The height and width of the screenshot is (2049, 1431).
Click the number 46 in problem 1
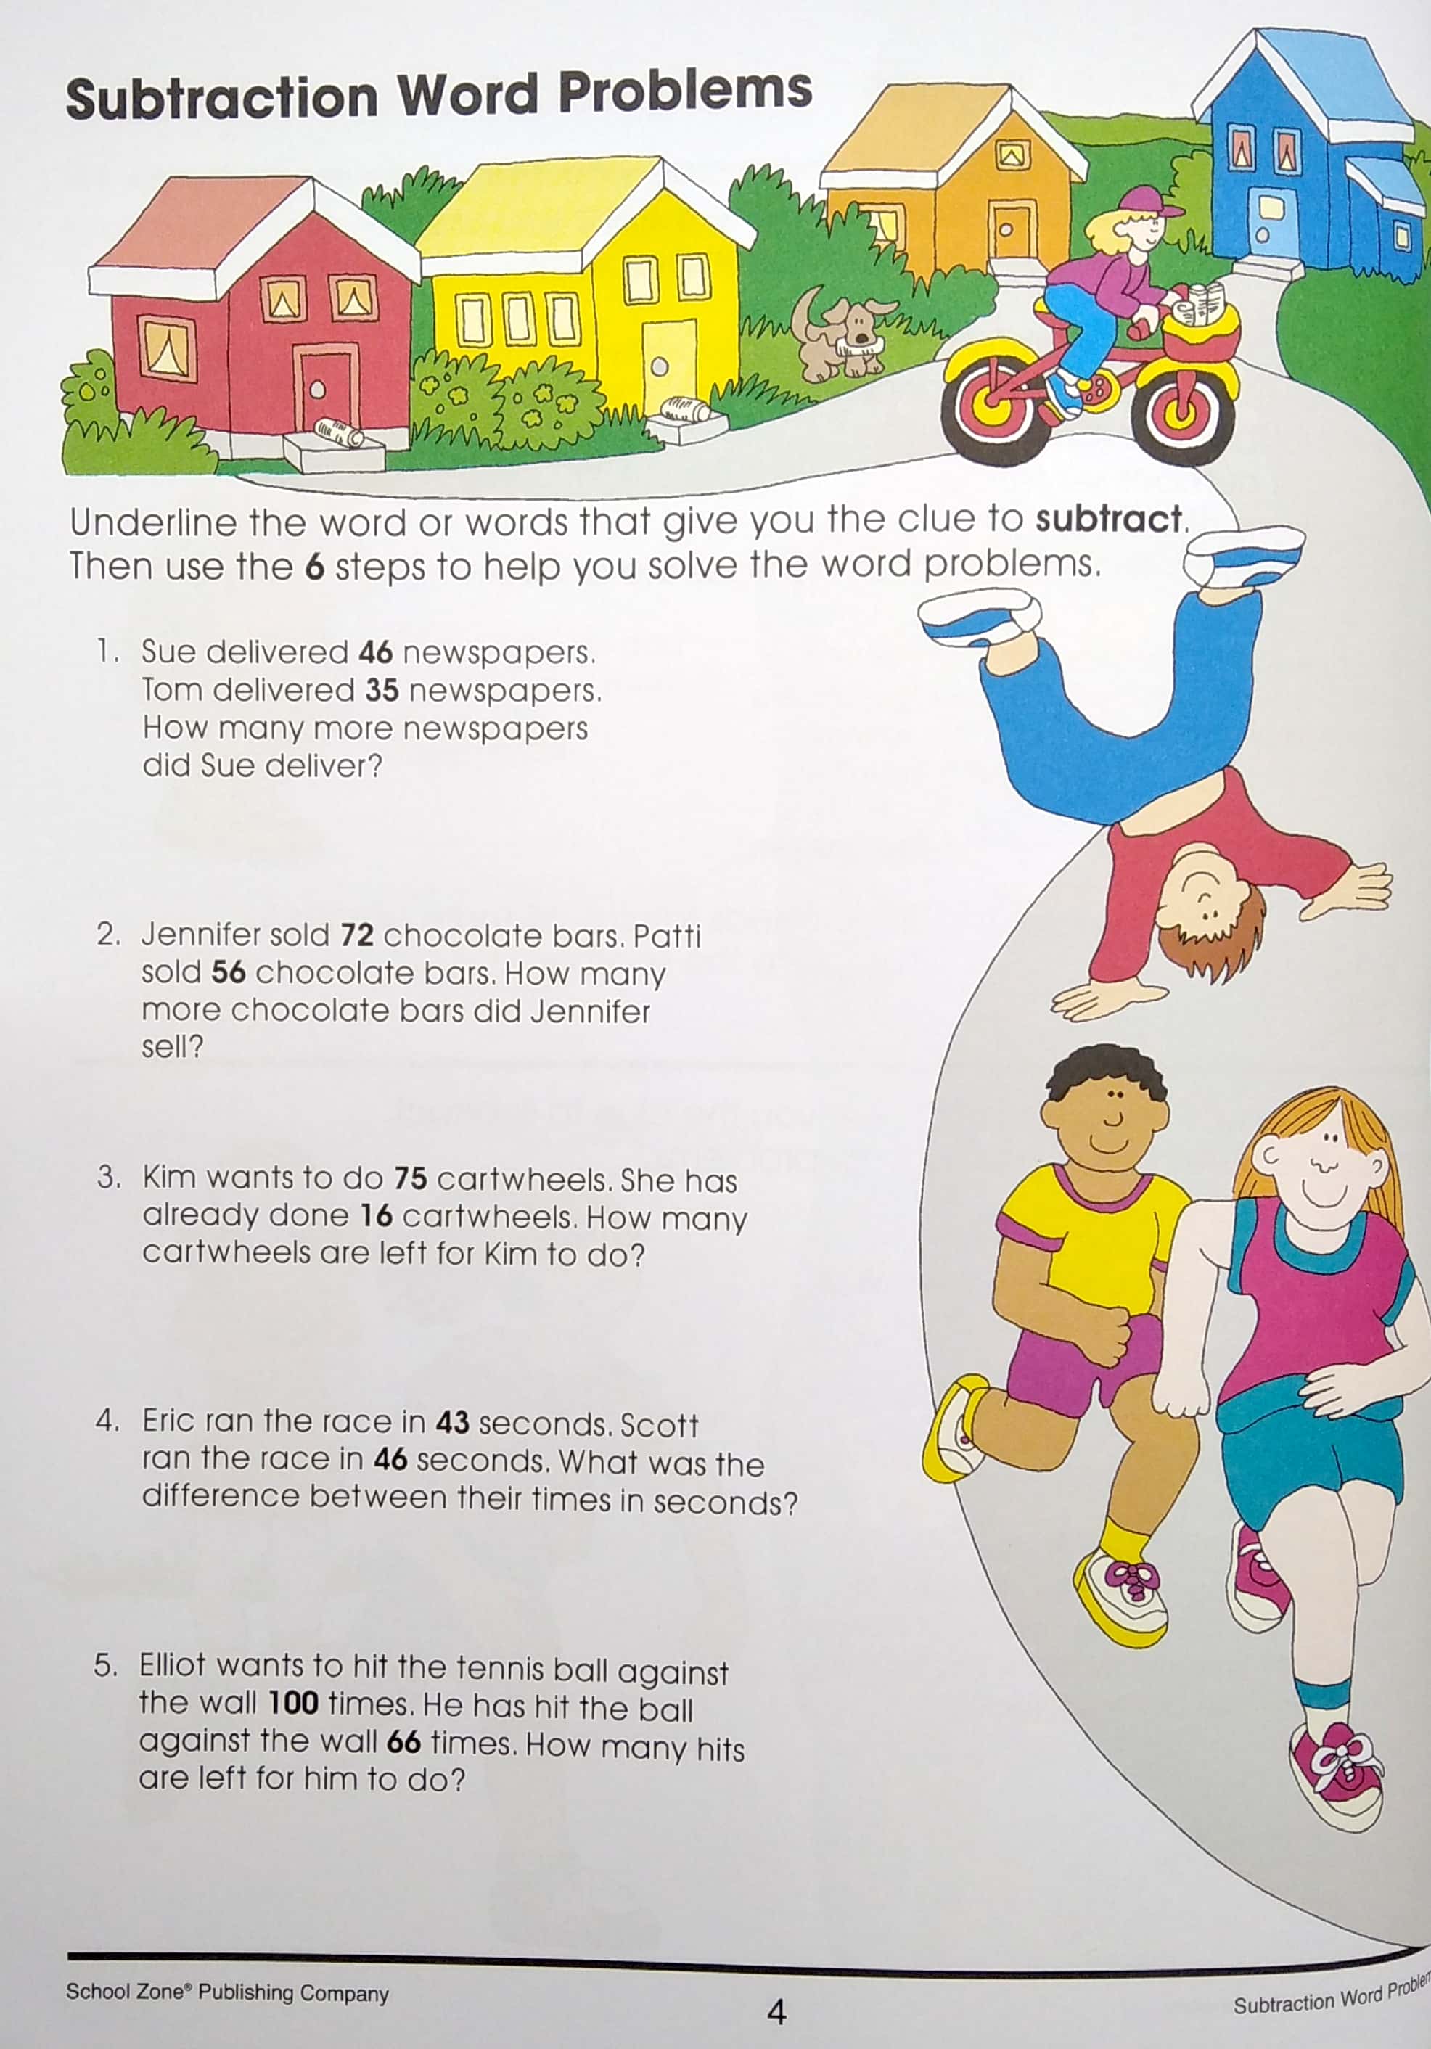click(375, 652)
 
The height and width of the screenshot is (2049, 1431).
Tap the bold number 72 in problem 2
click(356, 935)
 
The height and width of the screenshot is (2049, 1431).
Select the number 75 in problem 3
click(411, 1178)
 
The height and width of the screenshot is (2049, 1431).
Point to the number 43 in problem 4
click(451, 1421)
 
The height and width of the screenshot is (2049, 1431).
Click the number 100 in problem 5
click(293, 1703)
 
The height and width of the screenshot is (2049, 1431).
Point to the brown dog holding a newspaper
click(842, 332)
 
